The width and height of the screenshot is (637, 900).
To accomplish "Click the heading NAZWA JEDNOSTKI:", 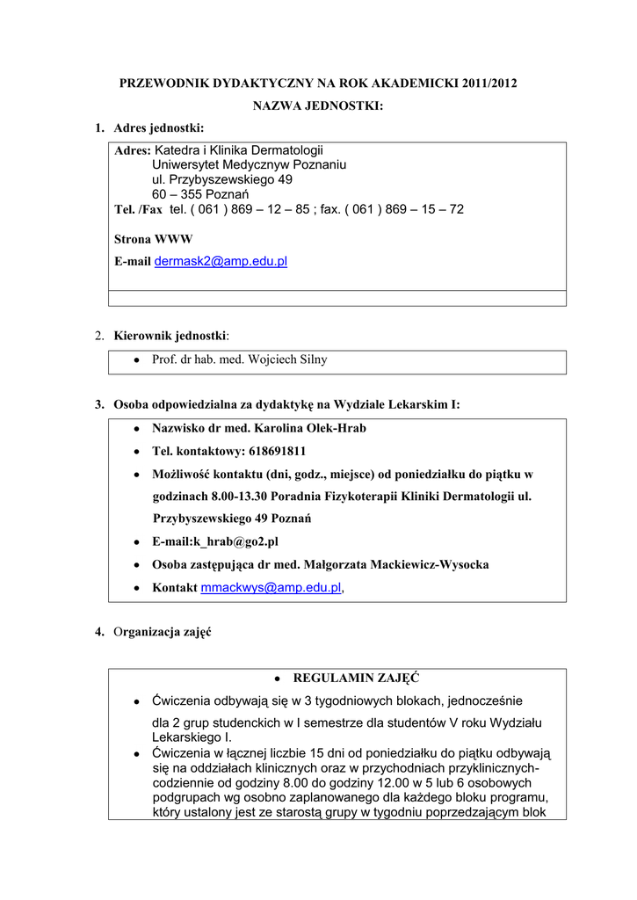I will pyautogui.click(x=318, y=106).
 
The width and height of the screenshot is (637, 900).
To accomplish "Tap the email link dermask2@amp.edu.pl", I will pyautogui.click(x=221, y=262).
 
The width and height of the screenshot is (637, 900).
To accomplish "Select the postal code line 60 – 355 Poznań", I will pyautogui.click(x=201, y=194).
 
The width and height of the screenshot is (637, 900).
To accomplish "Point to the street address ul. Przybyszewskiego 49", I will pyautogui.click(x=222, y=179).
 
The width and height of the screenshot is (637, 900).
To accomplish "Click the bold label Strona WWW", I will pyautogui.click(x=154, y=239).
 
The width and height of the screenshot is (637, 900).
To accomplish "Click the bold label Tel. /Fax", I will pyautogui.click(x=138, y=209).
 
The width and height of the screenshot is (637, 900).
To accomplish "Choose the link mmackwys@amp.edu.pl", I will pyautogui.click(x=271, y=587).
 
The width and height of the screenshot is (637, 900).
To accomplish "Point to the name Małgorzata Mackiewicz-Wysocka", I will pyautogui.click(x=394, y=564).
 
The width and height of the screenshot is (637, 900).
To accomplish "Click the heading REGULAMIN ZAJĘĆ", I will pyautogui.click(x=356, y=678).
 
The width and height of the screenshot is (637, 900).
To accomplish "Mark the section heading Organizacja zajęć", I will pyautogui.click(x=162, y=633).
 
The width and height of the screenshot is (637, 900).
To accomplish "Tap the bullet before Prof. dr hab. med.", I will pyautogui.click(x=135, y=360).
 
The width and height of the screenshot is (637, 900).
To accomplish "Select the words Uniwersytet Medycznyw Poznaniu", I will pyautogui.click(x=249, y=164).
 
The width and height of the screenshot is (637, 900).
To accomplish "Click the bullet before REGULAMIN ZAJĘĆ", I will pyautogui.click(x=276, y=679).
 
